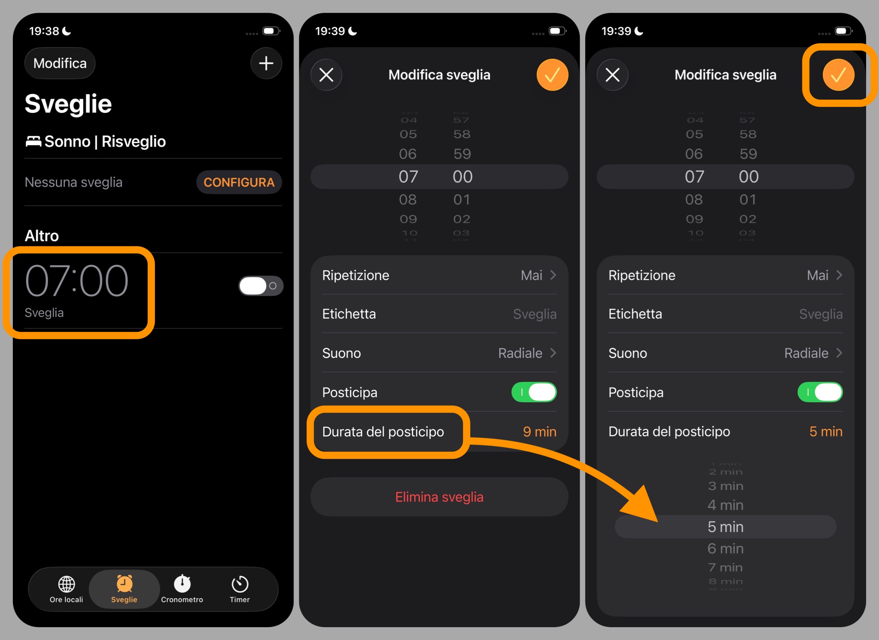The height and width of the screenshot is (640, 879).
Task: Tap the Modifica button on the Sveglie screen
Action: tap(60, 63)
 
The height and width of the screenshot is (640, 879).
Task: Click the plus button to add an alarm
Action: tap(266, 63)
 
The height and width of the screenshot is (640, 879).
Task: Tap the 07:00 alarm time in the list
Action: tap(76, 281)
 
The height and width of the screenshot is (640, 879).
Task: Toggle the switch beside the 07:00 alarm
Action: tap(260, 286)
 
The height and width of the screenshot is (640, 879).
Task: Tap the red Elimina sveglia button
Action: tap(439, 497)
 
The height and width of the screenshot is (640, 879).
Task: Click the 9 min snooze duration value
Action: tap(539, 432)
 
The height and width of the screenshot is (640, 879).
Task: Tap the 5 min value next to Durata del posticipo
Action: tap(826, 432)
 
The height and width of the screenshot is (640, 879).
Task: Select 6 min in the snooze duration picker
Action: tap(725, 548)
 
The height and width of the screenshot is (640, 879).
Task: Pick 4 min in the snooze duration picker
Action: tap(725, 505)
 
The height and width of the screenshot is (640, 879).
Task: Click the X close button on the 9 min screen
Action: tap(326, 75)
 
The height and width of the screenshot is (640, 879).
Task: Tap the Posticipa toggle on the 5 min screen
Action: tap(820, 392)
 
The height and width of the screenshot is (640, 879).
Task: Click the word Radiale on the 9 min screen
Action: tap(520, 353)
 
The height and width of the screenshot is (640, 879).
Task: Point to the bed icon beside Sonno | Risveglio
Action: tap(33, 141)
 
